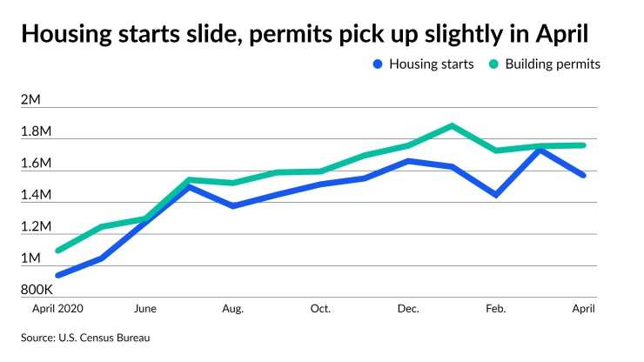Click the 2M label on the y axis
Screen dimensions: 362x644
(30, 100)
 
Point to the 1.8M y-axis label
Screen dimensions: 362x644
(36, 131)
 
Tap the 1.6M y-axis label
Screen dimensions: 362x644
(36, 164)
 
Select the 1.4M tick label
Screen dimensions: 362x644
(36, 195)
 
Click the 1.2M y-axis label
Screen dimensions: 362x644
(36, 227)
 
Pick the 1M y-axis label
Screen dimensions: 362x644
(30, 258)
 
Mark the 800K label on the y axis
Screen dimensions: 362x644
(37, 290)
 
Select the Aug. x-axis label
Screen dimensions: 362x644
(232, 308)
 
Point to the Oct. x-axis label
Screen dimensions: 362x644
(320, 308)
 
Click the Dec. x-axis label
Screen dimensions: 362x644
(407, 308)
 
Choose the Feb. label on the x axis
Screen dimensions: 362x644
(495, 308)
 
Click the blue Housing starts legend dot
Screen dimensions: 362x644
(376, 64)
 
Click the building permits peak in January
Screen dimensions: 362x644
(452, 125)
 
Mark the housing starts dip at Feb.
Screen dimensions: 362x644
(496, 195)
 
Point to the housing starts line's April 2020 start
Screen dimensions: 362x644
(58, 275)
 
